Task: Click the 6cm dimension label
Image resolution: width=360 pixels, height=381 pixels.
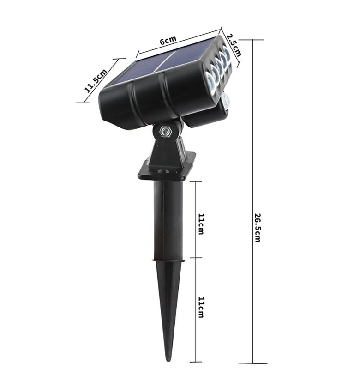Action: pos(168,40)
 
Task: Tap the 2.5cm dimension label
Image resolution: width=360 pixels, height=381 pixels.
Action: pos(234,45)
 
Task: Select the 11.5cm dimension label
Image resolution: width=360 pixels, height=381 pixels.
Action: pos(96,81)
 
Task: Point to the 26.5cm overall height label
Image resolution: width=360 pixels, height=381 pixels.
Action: pos(258,227)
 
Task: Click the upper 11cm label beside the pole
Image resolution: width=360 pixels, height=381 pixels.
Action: pos(201,224)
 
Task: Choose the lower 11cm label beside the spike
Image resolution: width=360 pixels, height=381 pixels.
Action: pos(201,307)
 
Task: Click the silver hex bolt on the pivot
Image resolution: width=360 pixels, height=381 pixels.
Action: pos(165,132)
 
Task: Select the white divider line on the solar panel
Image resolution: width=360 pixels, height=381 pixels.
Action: pos(165,61)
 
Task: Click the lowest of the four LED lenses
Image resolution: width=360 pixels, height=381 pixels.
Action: pos(210,83)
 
